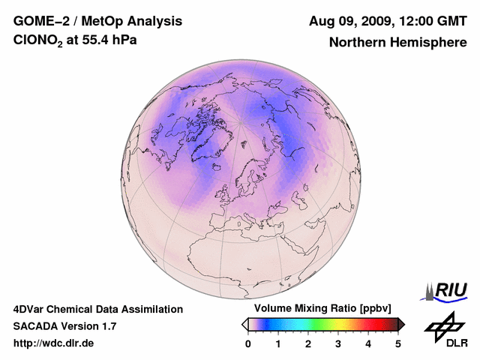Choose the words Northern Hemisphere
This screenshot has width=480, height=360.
(397, 43)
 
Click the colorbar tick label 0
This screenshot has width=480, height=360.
(248, 343)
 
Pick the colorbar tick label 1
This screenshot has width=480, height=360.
(278, 343)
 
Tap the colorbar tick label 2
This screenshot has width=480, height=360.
(308, 343)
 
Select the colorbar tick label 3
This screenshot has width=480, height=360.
(338, 343)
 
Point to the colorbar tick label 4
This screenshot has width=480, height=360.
(368, 343)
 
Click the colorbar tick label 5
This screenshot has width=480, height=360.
(398, 343)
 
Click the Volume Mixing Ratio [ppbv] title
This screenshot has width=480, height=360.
(319, 309)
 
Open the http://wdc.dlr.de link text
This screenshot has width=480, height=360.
(54, 343)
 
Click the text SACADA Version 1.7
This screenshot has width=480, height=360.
(64, 326)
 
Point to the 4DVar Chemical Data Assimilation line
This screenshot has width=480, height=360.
(97, 309)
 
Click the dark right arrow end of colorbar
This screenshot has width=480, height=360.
(401, 324)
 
